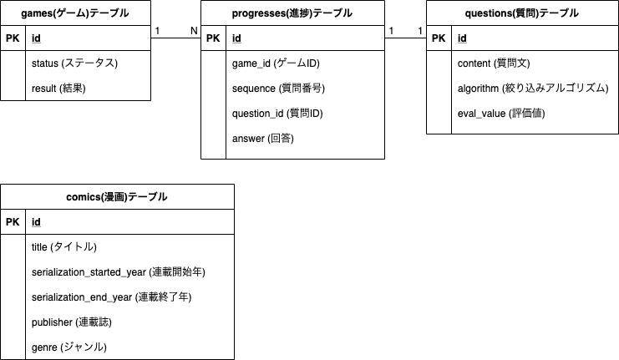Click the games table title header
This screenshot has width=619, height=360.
(76, 13)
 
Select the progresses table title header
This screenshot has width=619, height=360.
(292, 13)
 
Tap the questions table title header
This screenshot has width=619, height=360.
(522, 13)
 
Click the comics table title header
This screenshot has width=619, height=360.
(117, 197)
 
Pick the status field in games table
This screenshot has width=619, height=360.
(74, 63)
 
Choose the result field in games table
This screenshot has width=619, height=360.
(58, 88)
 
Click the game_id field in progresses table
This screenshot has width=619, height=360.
(276, 63)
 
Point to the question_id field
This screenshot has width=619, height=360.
(277, 113)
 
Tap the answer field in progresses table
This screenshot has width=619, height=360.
(262, 138)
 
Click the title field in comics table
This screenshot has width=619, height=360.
(64, 246)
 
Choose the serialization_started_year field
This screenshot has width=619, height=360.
(119, 271)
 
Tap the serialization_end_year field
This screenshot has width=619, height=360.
(112, 297)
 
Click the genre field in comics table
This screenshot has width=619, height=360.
(69, 347)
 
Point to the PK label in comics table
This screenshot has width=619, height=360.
(13, 221)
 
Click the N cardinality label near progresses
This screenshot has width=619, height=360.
(194, 31)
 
